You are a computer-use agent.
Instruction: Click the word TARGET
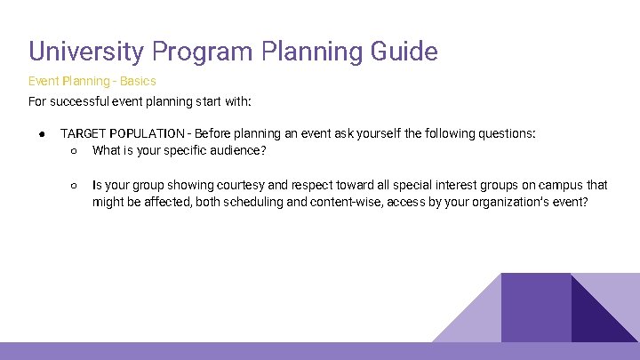[81, 133]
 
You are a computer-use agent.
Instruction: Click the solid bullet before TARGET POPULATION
[42, 133]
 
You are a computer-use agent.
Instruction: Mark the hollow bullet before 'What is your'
[74, 150]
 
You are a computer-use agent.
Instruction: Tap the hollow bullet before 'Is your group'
[74, 185]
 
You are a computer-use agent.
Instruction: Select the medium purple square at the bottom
[535, 307]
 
